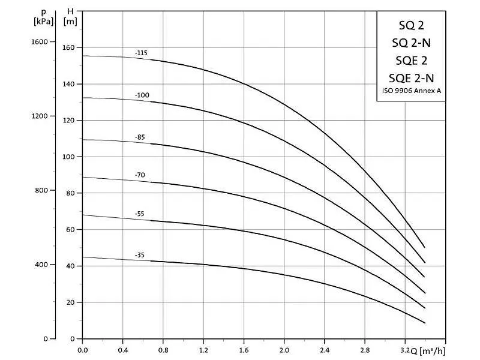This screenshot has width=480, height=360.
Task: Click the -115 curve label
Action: point(141,53)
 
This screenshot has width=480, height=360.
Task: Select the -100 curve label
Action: point(142,95)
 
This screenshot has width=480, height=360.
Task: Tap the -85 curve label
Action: point(140,137)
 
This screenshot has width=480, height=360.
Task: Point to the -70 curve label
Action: point(140,175)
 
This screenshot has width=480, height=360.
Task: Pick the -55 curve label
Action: point(140,214)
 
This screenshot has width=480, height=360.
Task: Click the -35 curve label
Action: point(140,255)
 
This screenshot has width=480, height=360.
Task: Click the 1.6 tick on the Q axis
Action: point(244,349)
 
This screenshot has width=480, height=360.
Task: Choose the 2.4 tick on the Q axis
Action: point(324,349)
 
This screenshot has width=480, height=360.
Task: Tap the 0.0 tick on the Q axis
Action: point(83,349)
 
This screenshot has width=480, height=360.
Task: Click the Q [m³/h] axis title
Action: point(429,349)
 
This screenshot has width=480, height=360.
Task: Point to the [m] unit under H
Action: point(71,21)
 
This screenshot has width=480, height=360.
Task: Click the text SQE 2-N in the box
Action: point(411,77)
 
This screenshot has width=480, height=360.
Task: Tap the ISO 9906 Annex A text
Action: point(411,91)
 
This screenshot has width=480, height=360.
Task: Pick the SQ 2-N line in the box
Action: point(411,43)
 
